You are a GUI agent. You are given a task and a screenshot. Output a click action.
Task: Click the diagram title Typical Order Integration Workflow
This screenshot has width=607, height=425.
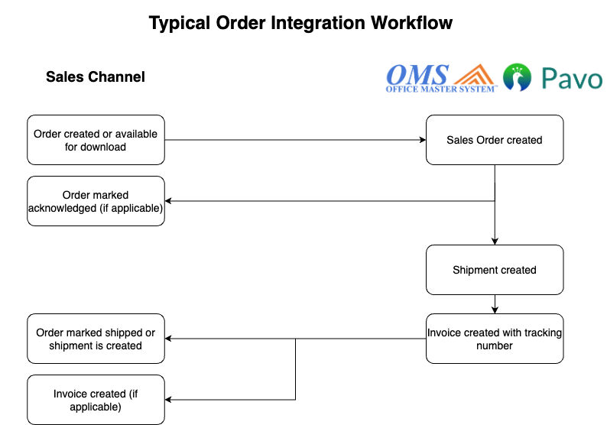(x=300, y=23)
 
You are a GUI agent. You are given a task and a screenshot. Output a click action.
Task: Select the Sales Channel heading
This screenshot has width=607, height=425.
(x=96, y=76)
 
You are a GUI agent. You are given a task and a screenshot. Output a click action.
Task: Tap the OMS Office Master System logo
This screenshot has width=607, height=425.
(x=418, y=78)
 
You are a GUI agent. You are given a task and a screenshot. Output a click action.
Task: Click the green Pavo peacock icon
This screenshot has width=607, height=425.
(x=518, y=78)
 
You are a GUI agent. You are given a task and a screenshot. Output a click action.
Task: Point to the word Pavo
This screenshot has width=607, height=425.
(x=571, y=79)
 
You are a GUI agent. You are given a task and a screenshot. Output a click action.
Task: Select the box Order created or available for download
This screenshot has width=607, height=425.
(x=96, y=140)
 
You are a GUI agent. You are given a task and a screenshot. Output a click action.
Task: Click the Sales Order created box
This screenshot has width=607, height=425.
(x=495, y=140)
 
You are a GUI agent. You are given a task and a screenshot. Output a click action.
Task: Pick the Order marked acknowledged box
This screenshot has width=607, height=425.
(x=96, y=201)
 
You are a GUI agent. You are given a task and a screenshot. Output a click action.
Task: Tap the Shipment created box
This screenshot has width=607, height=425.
(x=495, y=270)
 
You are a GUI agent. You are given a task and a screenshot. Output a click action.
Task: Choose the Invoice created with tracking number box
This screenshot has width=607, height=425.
(x=495, y=339)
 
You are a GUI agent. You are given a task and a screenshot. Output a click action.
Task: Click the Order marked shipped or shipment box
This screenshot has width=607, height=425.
(x=96, y=339)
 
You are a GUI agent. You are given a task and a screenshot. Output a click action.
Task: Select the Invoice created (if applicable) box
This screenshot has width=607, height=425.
(x=96, y=400)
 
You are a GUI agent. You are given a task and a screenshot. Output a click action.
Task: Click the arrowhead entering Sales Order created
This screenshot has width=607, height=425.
(x=422, y=140)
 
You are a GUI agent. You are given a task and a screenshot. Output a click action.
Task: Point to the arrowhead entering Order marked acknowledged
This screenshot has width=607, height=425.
(x=169, y=201)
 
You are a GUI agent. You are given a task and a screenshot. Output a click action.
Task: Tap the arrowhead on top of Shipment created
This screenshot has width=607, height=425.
(x=495, y=241)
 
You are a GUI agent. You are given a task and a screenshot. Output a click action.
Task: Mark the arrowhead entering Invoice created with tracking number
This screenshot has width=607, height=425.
(x=495, y=310)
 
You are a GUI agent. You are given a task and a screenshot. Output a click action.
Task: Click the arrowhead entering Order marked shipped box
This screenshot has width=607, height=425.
(x=169, y=339)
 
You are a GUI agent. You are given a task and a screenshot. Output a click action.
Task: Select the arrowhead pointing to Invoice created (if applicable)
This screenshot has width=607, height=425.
(x=169, y=400)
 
